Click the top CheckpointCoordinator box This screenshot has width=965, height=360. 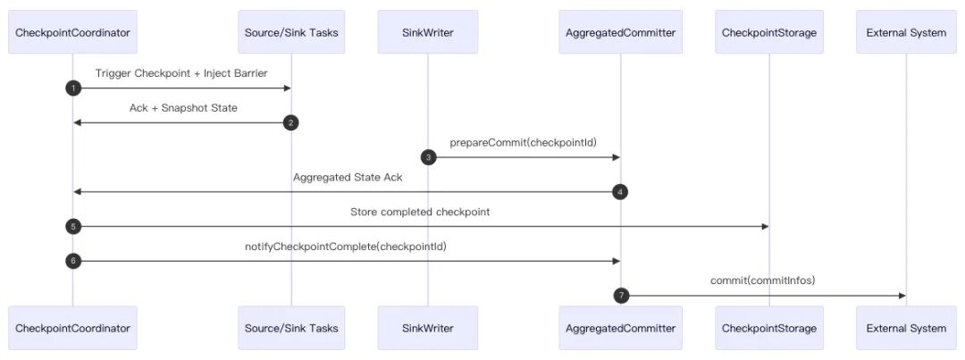point(72,32)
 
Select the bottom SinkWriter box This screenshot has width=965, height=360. point(428,328)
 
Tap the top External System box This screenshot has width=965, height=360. point(906,32)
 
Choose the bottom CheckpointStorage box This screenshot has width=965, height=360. point(768,328)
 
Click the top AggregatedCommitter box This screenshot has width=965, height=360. point(620,32)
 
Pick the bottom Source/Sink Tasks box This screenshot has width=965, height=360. point(291,328)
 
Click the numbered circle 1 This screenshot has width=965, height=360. point(73,88)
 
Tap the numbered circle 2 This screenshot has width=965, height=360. point(291,123)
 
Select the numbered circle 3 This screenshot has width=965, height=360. point(428,157)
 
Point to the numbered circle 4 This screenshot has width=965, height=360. point(620,192)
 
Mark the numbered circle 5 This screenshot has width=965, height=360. point(73,227)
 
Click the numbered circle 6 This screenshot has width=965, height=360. point(73,261)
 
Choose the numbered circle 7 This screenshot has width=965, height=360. point(621,296)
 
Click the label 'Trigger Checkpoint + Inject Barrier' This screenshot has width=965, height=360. point(181,73)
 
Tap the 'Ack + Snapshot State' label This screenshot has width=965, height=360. point(183,108)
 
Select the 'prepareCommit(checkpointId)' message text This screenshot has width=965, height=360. point(524,143)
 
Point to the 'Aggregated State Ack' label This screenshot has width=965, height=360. point(348,177)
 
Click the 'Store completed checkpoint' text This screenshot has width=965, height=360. point(420,213)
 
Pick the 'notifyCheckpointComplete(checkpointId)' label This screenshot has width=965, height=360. point(346,247)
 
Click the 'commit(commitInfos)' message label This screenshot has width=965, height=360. point(763,281)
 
